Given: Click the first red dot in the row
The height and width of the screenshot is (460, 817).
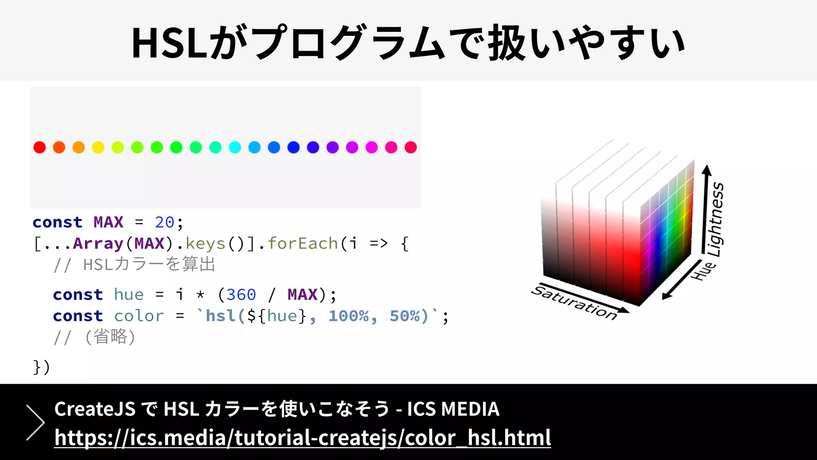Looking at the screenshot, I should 39,147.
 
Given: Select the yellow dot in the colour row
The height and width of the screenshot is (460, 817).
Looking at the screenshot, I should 98,147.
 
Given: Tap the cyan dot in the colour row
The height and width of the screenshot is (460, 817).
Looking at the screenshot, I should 235,147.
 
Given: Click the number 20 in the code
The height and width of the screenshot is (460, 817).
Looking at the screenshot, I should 164,222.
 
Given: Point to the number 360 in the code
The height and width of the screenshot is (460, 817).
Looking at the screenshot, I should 241,295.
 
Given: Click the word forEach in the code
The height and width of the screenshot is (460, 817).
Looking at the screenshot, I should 303,244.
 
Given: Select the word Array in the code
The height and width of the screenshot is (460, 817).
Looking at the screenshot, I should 98,244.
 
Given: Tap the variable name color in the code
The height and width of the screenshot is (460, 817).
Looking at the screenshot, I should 139,316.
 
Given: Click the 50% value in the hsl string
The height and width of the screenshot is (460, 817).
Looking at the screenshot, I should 405,316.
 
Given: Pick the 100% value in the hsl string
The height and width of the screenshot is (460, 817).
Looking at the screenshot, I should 349,316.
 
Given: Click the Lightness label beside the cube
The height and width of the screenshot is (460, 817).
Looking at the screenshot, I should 715,220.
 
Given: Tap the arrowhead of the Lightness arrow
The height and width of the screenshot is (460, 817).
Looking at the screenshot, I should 706,169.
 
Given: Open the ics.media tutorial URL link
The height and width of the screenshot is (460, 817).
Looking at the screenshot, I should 302,438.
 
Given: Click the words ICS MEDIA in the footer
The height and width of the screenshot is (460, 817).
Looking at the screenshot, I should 453,409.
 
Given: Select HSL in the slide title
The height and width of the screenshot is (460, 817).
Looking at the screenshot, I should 170,43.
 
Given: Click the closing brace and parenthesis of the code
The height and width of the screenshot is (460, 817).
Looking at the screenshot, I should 41,367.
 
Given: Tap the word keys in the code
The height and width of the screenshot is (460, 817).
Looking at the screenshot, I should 205,244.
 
